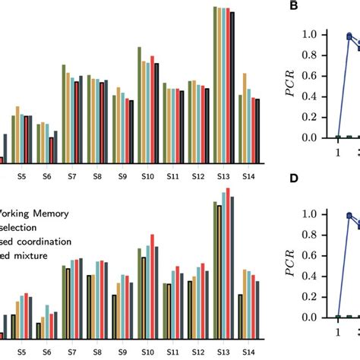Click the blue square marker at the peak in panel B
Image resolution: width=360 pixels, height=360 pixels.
coord(349,36)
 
